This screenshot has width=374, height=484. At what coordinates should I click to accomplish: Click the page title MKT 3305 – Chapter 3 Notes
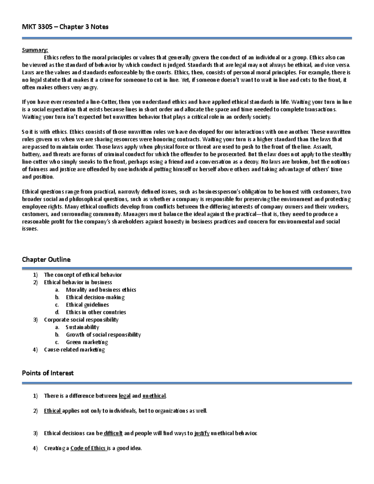pyautogui.click(x=65, y=27)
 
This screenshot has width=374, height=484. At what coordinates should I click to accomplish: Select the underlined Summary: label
pyautogui.click(x=35, y=50)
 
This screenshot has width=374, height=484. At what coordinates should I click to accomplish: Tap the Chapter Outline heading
pyautogui.click(x=46, y=260)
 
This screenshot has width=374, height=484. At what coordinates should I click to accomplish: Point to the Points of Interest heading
pyautogui.click(x=48, y=373)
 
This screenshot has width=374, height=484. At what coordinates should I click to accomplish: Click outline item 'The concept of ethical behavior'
pyautogui.click(x=83, y=275)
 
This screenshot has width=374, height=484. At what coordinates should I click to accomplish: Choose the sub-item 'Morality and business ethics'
pyautogui.click(x=101, y=290)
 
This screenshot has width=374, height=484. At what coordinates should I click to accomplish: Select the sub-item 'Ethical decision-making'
pyautogui.click(x=95, y=297)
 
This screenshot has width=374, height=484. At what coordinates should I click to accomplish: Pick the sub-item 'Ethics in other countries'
pyautogui.click(x=96, y=312)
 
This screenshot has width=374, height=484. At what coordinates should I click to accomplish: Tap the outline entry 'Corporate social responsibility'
pyautogui.click(x=81, y=320)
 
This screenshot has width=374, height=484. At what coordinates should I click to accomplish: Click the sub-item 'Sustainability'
pyautogui.click(x=82, y=327)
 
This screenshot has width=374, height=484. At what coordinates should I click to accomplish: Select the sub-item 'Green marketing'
pyautogui.click(x=87, y=342)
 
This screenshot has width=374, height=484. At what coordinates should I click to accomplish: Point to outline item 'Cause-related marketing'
pyautogui.click(x=74, y=350)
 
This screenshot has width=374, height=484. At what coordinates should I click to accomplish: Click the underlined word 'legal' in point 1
pyautogui.click(x=125, y=396)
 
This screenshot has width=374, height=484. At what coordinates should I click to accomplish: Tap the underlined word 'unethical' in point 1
pyautogui.click(x=154, y=396)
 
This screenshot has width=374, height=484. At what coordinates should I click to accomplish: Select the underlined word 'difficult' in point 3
pyautogui.click(x=113, y=434)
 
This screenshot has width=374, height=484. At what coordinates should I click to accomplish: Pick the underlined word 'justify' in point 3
pyautogui.click(x=202, y=434)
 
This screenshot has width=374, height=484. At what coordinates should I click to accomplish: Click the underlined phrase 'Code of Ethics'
pyautogui.click(x=89, y=448)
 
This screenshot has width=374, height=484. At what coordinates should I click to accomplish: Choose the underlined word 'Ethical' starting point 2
pyautogui.click(x=52, y=411)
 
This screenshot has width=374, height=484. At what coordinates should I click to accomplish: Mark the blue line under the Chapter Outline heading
pyautogui.click(x=187, y=268)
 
